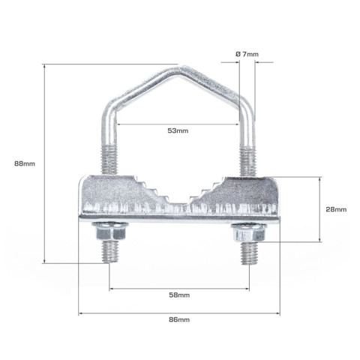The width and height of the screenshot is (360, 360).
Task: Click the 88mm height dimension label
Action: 25,163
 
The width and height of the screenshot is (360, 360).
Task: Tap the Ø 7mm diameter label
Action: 247,54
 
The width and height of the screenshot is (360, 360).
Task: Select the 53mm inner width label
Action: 178,130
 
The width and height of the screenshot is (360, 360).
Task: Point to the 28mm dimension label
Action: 336,209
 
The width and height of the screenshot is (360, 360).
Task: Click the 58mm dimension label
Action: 179,295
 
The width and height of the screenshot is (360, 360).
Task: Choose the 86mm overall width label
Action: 179,319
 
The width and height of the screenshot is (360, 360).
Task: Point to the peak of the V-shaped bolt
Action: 184,67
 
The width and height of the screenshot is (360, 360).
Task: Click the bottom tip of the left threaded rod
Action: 109,262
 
